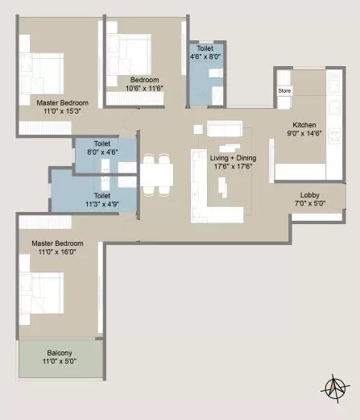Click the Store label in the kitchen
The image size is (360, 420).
point(284,91)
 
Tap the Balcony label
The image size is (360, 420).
point(60,353)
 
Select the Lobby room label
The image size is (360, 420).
point(309,195)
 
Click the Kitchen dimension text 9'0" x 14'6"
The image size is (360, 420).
point(304,133)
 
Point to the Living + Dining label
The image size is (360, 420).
point(233,158)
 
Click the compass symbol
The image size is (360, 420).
point(335,389)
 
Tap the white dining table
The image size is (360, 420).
point(156,175)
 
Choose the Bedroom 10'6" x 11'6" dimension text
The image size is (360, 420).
point(144,88)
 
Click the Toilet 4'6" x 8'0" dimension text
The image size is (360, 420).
point(205,56)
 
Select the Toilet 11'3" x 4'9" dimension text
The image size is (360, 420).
point(102,204)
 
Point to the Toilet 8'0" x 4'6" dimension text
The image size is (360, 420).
point(102,152)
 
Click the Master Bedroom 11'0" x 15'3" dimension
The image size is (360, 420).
point(62,111)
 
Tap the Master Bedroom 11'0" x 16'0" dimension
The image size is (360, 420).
point(57,252)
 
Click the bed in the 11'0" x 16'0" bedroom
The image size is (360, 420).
point(42,293)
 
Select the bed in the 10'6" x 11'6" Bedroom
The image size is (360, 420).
point(129,54)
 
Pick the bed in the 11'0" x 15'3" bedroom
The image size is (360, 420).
point(42,73)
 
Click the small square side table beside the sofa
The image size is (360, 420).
point(198,129)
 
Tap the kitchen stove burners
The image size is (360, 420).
point(334,135)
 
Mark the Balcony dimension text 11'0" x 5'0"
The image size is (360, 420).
point(60,361)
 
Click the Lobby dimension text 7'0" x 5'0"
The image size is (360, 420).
point(310,203)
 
